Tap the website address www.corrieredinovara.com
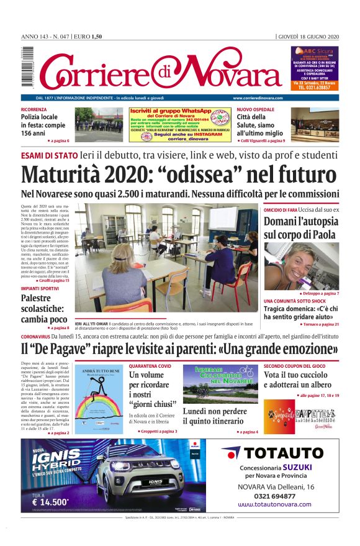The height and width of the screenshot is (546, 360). [x=258, y=98]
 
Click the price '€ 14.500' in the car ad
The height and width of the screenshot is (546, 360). [x=50, y=501]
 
